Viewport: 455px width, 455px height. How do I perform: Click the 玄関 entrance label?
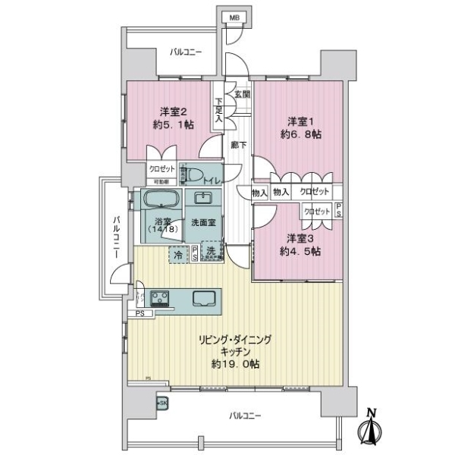click(x=242, y=95)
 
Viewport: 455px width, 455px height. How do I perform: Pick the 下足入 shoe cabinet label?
click(x=218, y=110)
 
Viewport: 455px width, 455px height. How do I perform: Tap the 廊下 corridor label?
click(x=238, y=143)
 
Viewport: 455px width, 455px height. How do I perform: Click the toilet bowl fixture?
click(x=193, y=175)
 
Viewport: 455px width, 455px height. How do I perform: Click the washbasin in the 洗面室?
click(x=203, y=200)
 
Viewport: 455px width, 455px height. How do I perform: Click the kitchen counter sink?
click(x=202, y=298)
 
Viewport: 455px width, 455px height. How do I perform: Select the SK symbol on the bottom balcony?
click(x=161, y=403)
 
